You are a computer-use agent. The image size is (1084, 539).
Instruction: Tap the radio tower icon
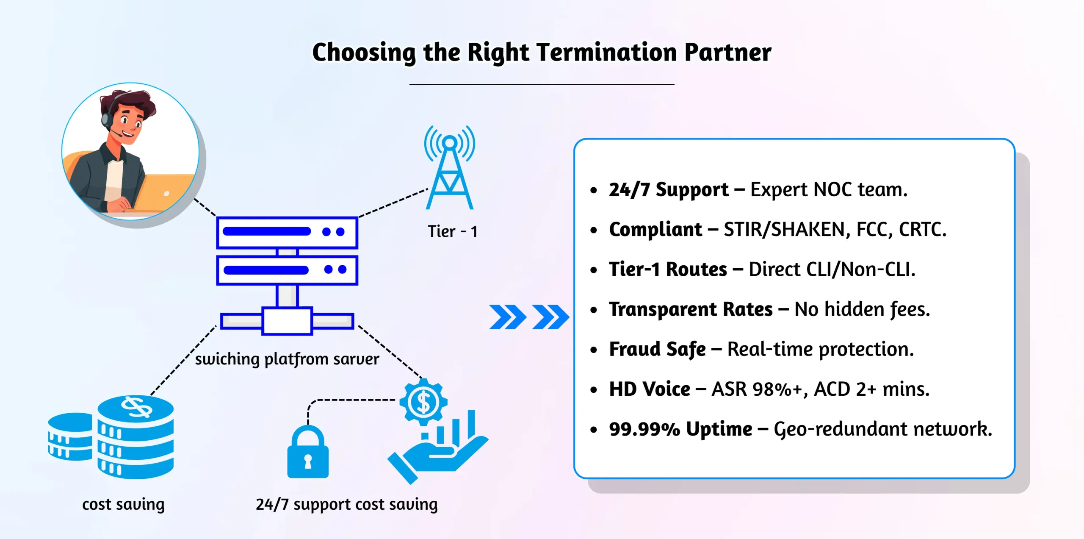(449, 169)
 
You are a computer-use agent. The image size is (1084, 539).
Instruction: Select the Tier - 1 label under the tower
(452, 231)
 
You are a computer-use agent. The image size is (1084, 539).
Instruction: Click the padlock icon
(308, 453)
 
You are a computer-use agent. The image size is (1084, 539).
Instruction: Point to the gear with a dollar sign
(423, 401)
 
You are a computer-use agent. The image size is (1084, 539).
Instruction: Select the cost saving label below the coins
(123, 504)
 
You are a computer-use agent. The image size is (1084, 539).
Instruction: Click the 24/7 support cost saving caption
(346, 504)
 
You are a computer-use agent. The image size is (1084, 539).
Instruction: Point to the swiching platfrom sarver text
(287, 359)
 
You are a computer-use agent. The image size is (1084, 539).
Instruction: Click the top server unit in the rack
(287, 232)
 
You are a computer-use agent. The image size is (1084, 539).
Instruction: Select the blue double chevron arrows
(528, 317)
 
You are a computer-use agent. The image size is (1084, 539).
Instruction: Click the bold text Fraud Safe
(657, 349)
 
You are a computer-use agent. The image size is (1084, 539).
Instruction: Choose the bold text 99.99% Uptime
(680, 429)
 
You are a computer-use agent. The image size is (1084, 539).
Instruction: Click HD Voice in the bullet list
(650, 389)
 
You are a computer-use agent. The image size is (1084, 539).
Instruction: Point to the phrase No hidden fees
(862, 309)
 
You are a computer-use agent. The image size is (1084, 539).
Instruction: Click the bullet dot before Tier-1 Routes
(594, 270)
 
